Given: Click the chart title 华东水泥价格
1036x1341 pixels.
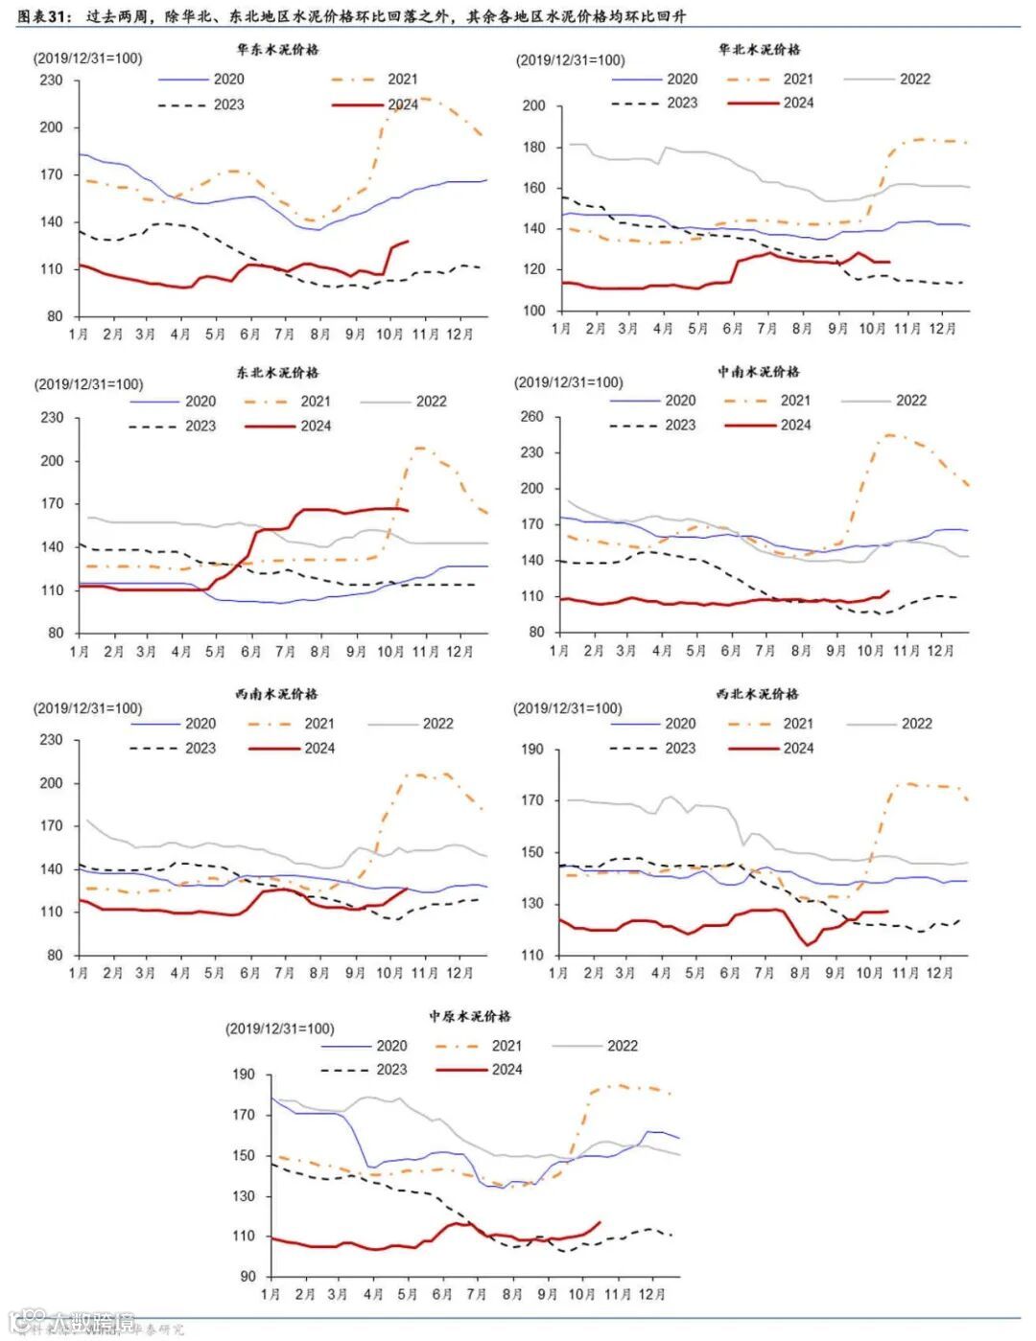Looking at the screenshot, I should pyautogui.click(x=277, y=49).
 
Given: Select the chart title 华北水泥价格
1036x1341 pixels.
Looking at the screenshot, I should pyautogui.click(x=759, y=49).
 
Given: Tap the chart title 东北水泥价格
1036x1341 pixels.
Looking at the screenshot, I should pyautogui.click(x=277, y=372).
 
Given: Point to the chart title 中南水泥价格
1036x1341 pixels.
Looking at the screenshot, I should pyautogui.click(x=758, y=371).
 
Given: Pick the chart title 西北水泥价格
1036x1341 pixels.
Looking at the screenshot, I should pyautogui.click(x=757, y=693).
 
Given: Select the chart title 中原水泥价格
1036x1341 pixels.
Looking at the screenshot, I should pyautogui.click(x=470, y=1015).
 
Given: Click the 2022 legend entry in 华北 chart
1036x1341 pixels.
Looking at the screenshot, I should pyautogui.click(x=914, y=79).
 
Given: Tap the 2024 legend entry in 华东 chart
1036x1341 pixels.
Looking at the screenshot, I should pyautogui.click(x=403, y=104).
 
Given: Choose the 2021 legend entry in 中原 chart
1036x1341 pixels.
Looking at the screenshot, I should pyautogui.click(x=506, y=1046).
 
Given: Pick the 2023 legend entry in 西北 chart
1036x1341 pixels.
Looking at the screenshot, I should pyautogui.click(x=680, y=748).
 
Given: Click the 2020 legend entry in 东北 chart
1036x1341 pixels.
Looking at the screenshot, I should pyautogui.click(x=200, y=402).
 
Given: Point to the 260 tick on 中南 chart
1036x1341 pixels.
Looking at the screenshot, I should pyautogui.click(x=531, y=417).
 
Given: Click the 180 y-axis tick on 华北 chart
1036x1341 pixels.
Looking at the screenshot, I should pyautogui.click(x=534, y=148).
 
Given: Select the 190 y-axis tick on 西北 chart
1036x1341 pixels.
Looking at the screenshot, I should pyautogui.click(x=531, y=750).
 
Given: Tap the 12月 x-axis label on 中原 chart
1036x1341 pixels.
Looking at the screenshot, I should pyautogui.click(x=651, y=1294).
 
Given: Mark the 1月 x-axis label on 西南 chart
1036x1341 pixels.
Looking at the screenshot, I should pyautogui.click(x=79, y=972).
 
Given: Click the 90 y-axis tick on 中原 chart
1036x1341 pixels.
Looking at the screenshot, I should pyautogui.click(x=247, y=1277).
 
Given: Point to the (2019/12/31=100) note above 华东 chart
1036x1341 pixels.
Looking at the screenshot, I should pyautogui.click(x=88, y=58).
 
